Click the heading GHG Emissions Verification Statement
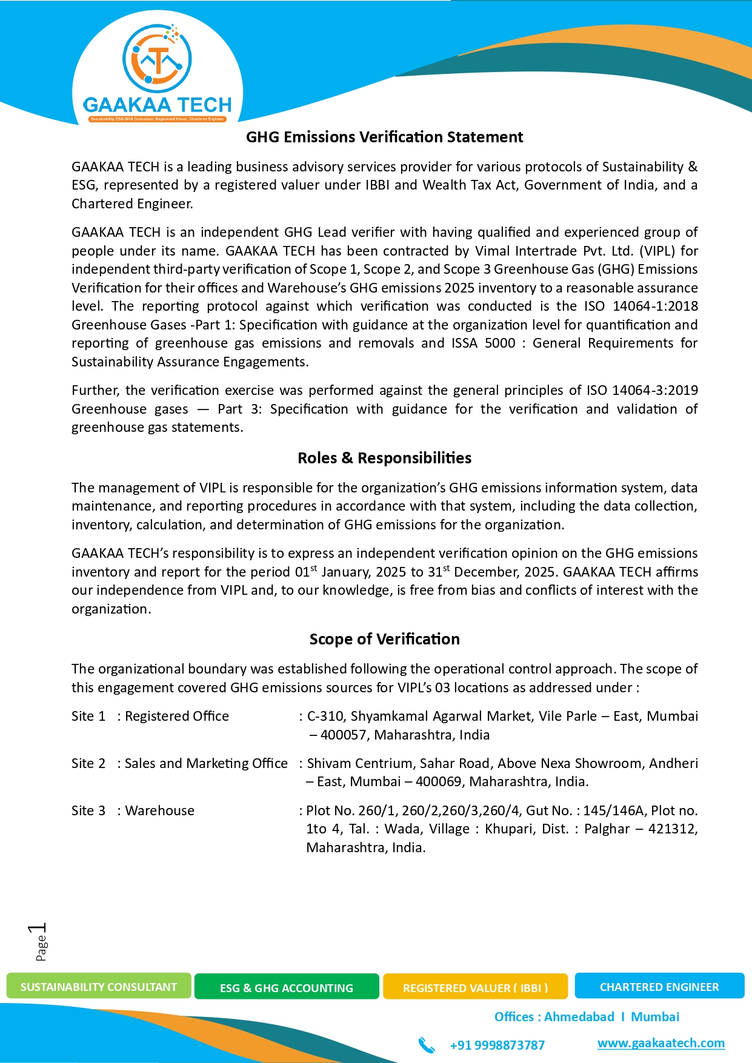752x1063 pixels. pos(384,137)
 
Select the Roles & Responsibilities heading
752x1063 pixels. pos(384,458)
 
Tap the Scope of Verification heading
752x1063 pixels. pos(384,639)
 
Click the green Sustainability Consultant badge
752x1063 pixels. pos(99,987)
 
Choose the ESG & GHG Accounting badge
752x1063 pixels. pos(287,988)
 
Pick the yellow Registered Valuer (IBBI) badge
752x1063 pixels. pos(475,988)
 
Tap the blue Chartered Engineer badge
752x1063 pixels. pos(659,987)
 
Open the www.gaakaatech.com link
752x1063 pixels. pos(660,1043)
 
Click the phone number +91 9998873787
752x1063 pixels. pos(497,1045)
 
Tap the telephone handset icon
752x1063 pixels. pos(427,1045)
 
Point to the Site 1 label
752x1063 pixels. pos(88,716)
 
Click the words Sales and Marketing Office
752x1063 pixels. pos(206,763)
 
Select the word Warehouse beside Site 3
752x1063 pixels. pos(160,810)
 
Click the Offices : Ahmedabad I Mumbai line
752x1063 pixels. pos(587,1017)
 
